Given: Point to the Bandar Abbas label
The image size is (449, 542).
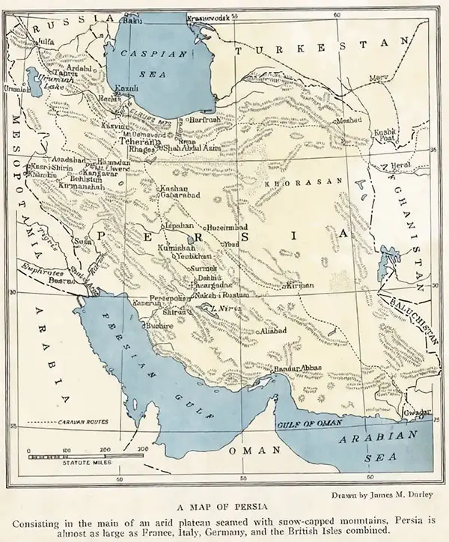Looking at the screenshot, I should click(299, 368).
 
